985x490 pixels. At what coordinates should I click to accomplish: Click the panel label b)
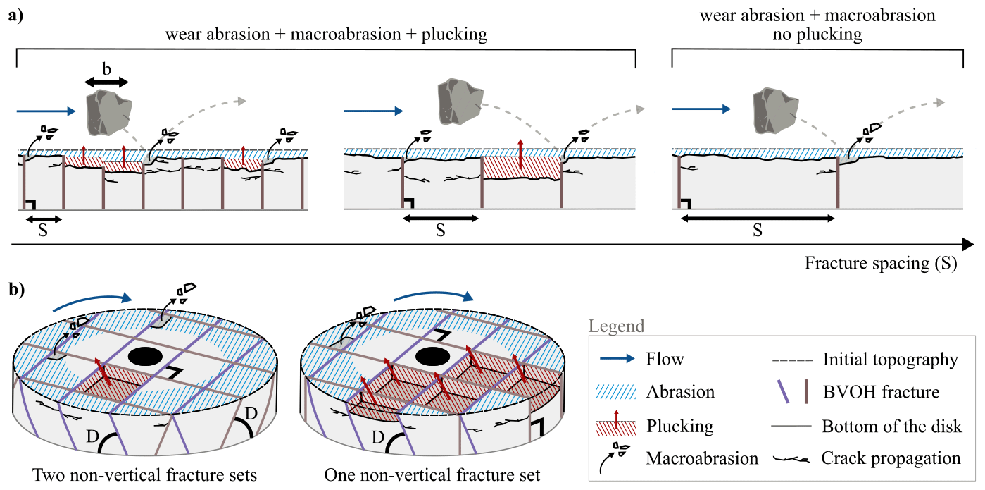pyautogui.click(x=15, y=289)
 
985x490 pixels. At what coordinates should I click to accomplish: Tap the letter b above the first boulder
pyautogui.click(x=106, y=70)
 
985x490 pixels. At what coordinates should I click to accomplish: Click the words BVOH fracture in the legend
pyautogui.click(x=881, y=393)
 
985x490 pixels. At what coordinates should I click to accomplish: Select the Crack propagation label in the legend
pyautogui.click(x=891, y=458)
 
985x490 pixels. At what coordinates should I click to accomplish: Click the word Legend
pyautogui.click(x=616, y=326)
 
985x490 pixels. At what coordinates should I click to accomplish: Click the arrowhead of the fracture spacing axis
pyautogui.click(x=968, y=244)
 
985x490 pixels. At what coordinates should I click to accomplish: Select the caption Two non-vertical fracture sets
pyautogui.click(x=145, y=475)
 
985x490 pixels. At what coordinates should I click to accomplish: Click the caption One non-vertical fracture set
pyautogui.click(x=432, y=475)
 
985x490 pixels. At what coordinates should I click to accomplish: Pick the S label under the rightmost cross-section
pyautogui.click(x=757, y=230)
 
